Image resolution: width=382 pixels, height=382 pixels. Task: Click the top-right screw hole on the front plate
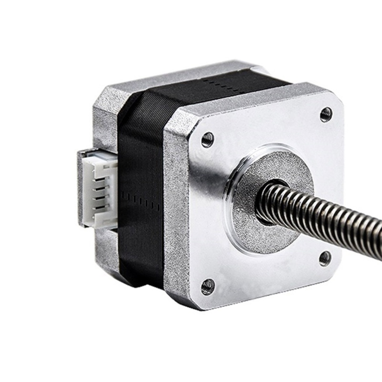(326, 114)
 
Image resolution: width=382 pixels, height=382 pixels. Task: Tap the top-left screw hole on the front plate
(208, 139)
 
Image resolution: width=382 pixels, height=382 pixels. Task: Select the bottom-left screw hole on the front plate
(208, 286)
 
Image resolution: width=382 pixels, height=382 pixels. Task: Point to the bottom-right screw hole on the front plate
(325, 258)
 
